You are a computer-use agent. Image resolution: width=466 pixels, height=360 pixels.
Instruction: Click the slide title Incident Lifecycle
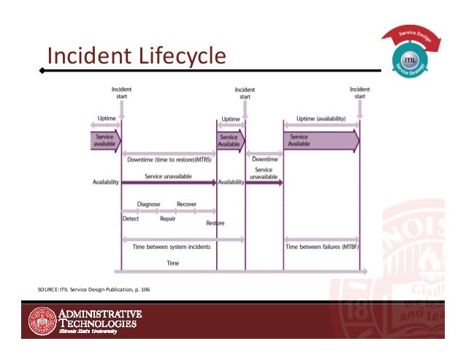(135, 55)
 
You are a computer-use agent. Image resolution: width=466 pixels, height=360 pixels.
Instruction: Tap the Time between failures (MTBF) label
(322, 247)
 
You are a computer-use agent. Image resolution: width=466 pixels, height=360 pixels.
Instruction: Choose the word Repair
(169, 218)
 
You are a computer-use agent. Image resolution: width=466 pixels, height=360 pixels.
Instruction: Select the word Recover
(186, 204)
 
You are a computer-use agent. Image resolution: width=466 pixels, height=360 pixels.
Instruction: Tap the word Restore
(215, 223)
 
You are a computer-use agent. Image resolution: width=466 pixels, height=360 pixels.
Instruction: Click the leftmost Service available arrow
(104, 140)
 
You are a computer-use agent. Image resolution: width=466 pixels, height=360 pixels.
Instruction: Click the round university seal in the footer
(41, 321)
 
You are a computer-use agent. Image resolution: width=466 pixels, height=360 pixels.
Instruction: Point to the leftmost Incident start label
(121, 93)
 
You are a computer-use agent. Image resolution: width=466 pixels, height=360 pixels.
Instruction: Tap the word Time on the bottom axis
(173, 262)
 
